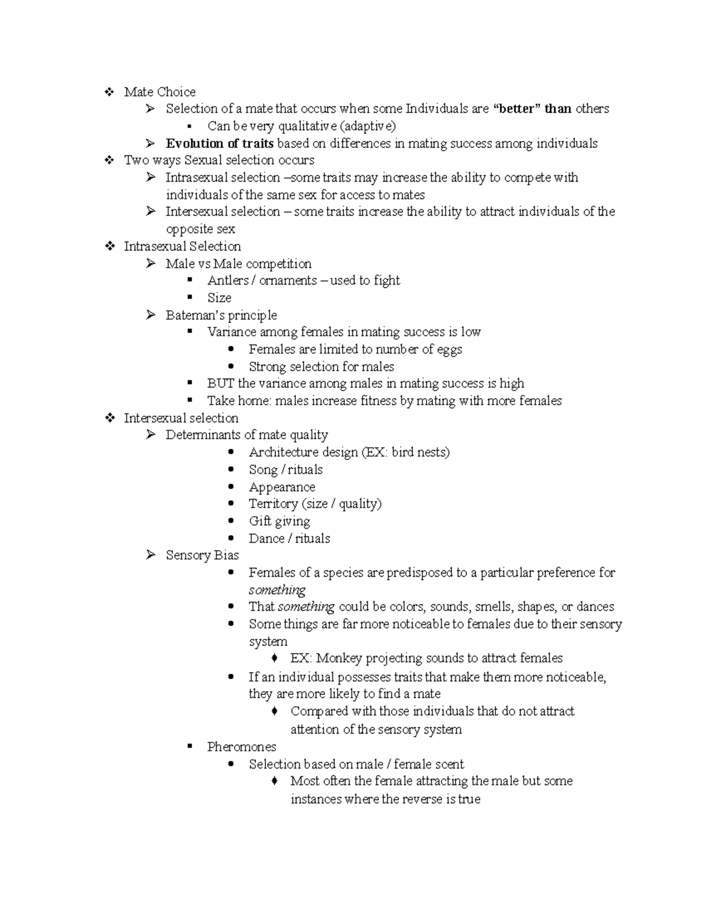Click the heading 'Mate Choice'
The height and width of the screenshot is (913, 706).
point(159,92)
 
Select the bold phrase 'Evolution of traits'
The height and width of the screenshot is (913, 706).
point(219,143)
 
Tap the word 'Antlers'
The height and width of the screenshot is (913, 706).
point(228,280)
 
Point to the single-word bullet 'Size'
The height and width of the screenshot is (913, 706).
point(219,297)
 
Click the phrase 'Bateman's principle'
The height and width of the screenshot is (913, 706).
point(221,315)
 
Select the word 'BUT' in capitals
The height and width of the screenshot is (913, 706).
point(221,384)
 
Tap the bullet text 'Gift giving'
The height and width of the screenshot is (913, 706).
point(279,521)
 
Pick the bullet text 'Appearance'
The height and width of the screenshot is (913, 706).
point(282,487)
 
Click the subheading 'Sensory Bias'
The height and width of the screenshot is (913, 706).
point(202,556)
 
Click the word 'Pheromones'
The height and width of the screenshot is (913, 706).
point(241,747)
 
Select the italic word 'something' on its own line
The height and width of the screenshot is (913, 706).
point(277,590)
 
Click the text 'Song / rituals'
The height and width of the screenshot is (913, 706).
point(285,470)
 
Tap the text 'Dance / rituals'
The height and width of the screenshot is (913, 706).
point(289,539)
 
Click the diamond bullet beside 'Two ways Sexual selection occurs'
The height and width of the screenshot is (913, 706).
point(109,160)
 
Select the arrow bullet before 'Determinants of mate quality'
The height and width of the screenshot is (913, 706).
point(151,435)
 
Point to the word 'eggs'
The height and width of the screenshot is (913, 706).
point(449,349)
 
